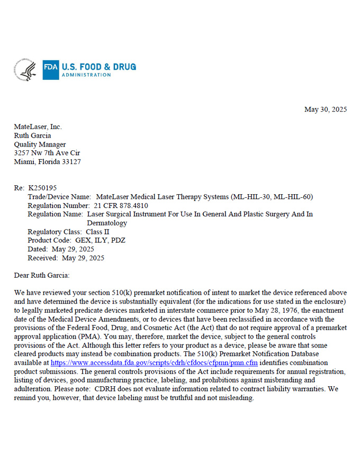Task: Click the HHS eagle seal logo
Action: click(x=25, y=70)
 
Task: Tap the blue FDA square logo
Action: click(x=51, y=70)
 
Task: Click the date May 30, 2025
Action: click(x=326, y=110)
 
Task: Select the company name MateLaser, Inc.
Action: click(x=38, y=127)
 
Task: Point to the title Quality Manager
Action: click(x=40, y=144)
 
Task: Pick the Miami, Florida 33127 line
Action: click(x=48, y=162)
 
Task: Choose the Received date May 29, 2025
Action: click(x=83, y=258)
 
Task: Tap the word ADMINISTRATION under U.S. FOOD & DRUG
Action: click(x=86, y=75)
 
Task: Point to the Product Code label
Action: click(x=50, y=240)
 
